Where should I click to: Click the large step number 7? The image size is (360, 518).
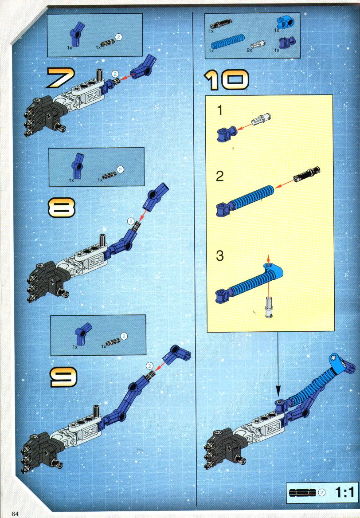tap(61, 78)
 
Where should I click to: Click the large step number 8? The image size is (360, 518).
tap(62, 208)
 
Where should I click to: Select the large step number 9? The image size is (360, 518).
tap(63, 377)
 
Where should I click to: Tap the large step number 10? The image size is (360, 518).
tap(226, 80)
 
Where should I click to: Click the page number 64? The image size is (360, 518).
tap(15, 514)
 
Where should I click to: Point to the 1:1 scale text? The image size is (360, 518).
tap(344, 492)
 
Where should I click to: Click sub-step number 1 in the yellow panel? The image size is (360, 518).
tap(220, 110)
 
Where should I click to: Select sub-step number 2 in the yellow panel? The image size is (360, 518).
tap(219, 176)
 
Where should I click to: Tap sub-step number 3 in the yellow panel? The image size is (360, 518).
tap(220, 255)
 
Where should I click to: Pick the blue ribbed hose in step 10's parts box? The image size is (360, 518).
tap(228, 42)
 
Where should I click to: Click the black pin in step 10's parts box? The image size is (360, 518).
tap(221, 24)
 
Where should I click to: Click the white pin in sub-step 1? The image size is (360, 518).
tap(261, 119)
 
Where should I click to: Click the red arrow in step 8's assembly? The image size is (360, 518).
tap(142, 215)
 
